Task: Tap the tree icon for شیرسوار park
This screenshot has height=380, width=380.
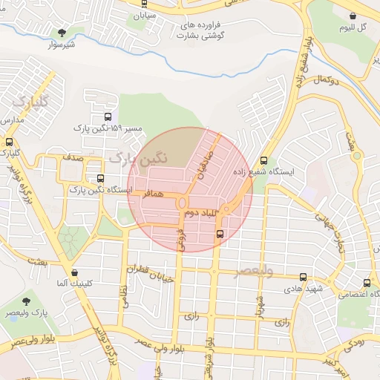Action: (x=62, y=32)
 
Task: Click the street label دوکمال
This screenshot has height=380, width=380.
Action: (x=327, y=79)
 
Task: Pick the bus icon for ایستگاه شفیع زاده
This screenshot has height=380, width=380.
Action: (x=264, y=160)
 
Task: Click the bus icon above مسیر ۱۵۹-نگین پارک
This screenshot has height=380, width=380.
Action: (x=108, y=117)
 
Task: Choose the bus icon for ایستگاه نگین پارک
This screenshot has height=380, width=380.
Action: (x=100, y=178)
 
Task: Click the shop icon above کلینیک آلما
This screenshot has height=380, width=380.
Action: (x=74, y=272)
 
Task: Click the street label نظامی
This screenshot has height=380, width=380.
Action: (x=122, y=297)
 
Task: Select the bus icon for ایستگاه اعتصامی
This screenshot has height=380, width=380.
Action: (x=367, y=283)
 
